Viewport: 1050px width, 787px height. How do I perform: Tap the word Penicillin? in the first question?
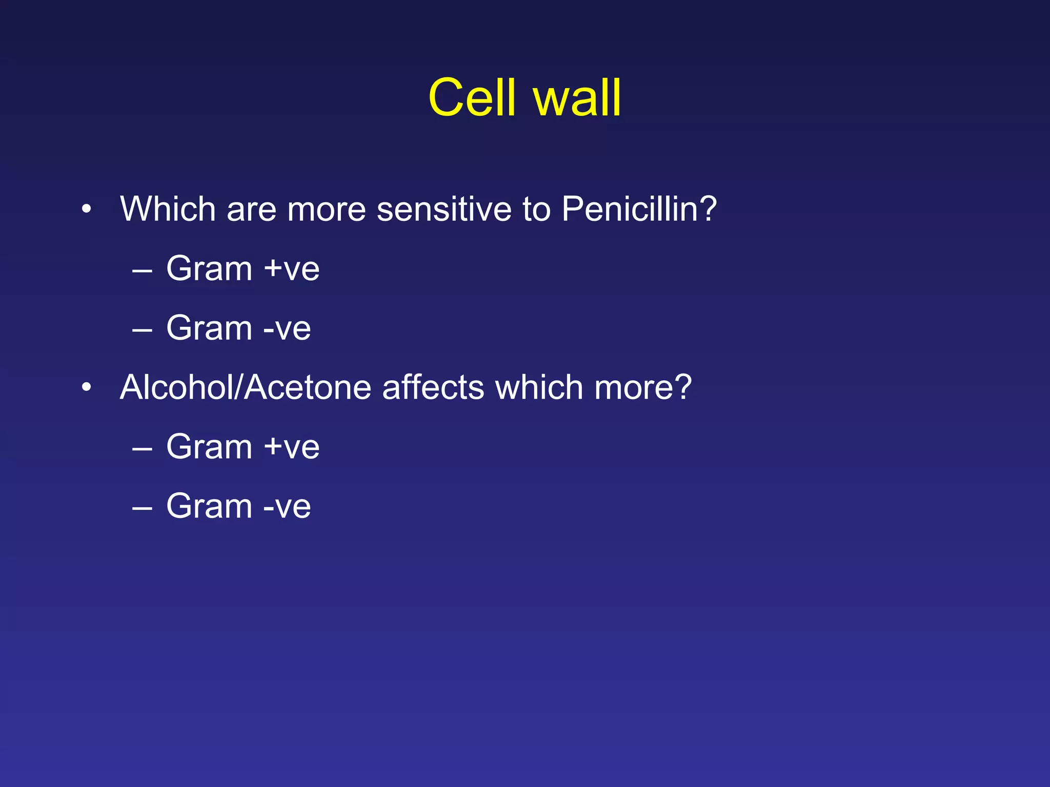[639, 209]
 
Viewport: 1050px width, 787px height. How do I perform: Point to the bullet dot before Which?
[86, 209]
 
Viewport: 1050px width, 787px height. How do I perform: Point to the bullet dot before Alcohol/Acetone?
[86, 387]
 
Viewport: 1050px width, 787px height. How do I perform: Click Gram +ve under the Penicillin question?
[243, 268]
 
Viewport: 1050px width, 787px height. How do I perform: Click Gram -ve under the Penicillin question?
[238, 328]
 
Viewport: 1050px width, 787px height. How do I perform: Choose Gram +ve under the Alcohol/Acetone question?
[243, 447]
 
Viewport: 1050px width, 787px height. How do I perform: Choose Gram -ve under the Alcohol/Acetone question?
[238, 506]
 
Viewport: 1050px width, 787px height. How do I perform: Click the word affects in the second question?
[433, 387]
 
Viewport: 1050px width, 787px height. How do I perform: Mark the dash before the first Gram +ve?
[142, 270]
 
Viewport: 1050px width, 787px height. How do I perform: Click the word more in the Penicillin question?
[326, 209]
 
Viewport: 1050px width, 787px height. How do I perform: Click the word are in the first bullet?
[251, 209]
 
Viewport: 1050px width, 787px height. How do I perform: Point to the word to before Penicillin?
[536, 209]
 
